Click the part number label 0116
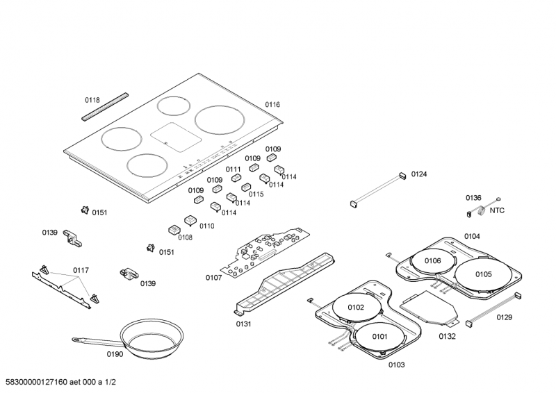[272, 105]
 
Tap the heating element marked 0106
[432, 261]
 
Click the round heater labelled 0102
[355, 306]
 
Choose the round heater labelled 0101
[379, 337]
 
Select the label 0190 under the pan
[115, 355]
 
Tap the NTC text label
[497, 210]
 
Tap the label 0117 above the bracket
[81, 270]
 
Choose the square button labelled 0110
[190, 221]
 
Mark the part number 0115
[256, 194]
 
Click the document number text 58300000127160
[36, 381]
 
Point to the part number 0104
[472, 236]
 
